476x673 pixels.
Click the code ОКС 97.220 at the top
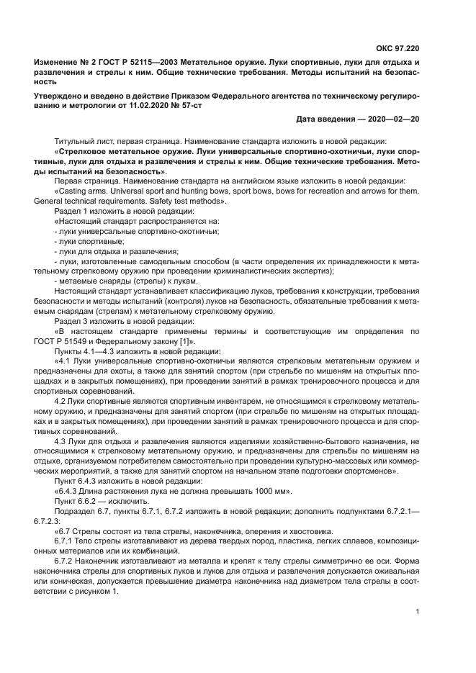pos(398,49)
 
